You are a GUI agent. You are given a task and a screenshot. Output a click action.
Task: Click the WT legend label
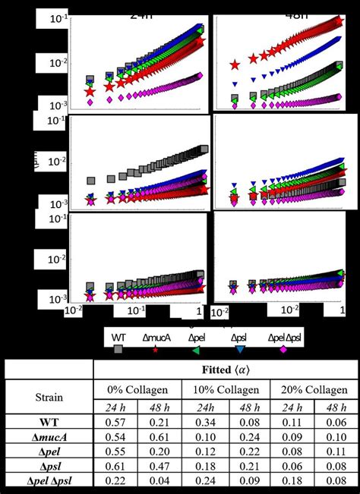pos(118,336)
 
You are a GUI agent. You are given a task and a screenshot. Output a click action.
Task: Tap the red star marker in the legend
pos(156,349)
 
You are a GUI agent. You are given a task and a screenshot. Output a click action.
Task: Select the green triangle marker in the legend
pos(196,350)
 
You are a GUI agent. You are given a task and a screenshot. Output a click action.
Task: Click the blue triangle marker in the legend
pos(240,350)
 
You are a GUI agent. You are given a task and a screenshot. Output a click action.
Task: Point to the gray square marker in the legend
pos(118,350)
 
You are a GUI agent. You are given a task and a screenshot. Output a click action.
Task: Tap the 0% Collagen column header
pos(137,388)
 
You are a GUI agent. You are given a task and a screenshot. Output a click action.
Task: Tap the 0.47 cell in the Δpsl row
pos(159,466)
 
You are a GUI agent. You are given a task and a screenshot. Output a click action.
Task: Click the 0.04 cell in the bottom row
pos(159,480)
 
